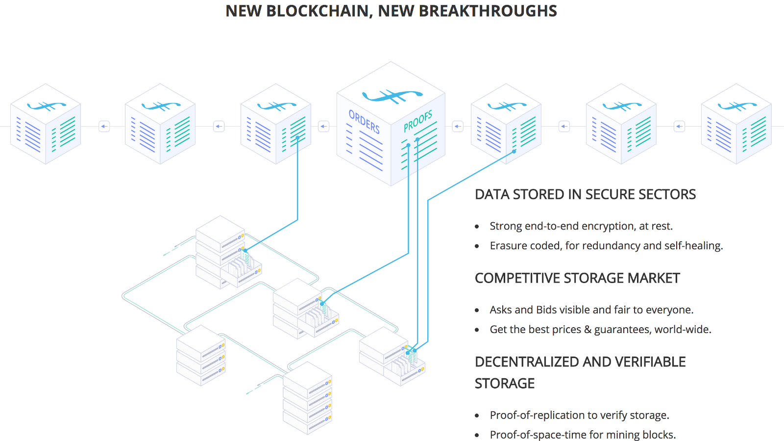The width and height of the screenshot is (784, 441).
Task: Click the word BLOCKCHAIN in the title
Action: [318, 11]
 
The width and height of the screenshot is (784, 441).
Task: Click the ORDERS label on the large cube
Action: [364, 121]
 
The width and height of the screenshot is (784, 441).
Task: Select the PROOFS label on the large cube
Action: [418, 121]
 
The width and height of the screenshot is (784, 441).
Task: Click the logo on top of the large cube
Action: [392, 95]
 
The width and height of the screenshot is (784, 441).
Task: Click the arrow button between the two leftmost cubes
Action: [104, 126]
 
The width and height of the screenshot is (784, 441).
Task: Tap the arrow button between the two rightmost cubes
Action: [679, 126]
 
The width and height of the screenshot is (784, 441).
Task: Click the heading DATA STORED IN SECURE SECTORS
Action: [585, 194]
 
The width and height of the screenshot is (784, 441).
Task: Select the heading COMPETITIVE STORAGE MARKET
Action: [577, 278]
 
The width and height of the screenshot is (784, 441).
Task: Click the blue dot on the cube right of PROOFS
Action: [514, 152]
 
